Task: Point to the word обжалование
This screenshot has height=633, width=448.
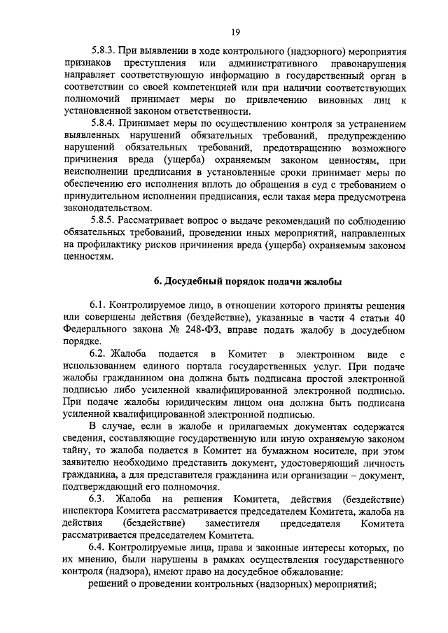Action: tap(309, 572)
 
